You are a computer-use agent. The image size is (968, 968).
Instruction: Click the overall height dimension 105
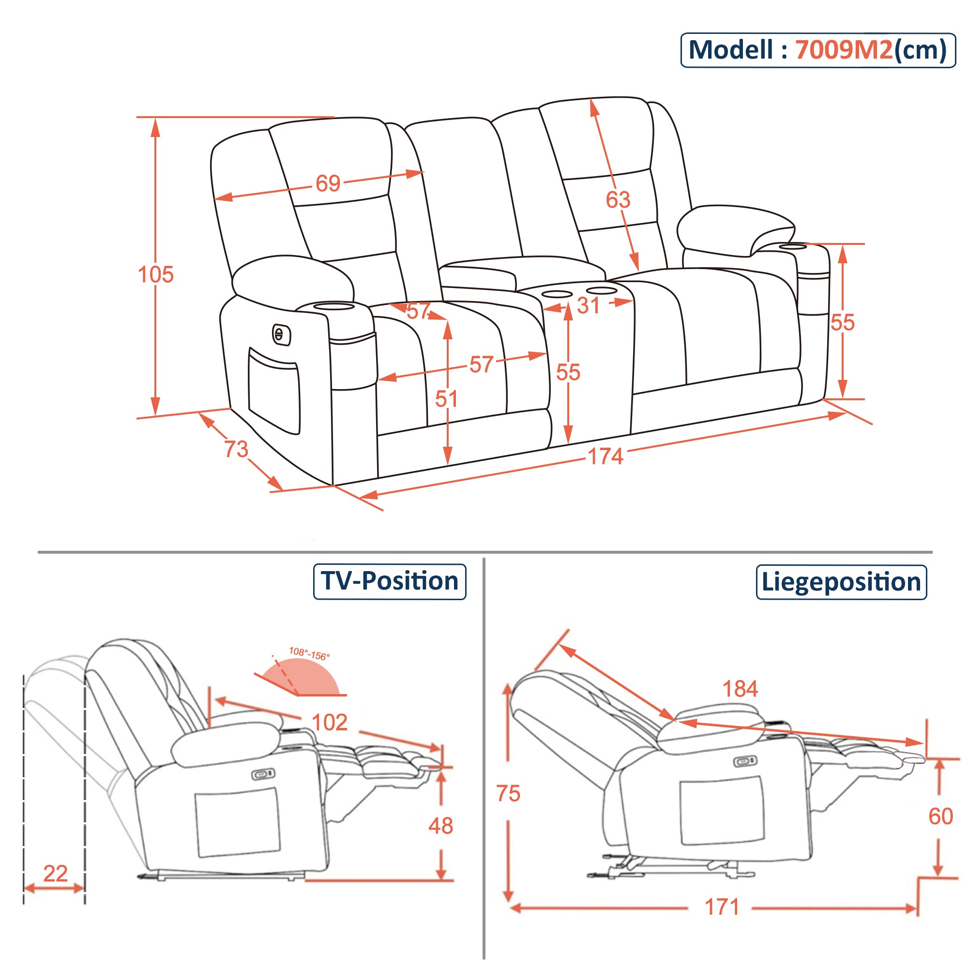155,274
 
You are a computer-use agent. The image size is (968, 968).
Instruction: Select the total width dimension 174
605,456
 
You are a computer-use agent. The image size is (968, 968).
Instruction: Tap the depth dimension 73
236,449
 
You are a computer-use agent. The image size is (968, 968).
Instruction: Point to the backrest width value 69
328,183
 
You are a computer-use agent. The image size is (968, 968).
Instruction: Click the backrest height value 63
617,200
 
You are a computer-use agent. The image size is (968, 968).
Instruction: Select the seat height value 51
446,399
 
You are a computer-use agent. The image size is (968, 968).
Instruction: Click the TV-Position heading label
389,581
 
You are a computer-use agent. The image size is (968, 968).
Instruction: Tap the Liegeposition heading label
841,582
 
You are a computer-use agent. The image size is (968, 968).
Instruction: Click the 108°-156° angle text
309,654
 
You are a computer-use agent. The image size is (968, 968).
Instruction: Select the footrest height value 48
440,826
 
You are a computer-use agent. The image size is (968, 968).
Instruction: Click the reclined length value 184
740,689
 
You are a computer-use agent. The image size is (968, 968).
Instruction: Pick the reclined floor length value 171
722,907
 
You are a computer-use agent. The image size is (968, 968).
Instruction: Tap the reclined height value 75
508,794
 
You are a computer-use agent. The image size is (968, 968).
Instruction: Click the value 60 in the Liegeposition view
940,817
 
